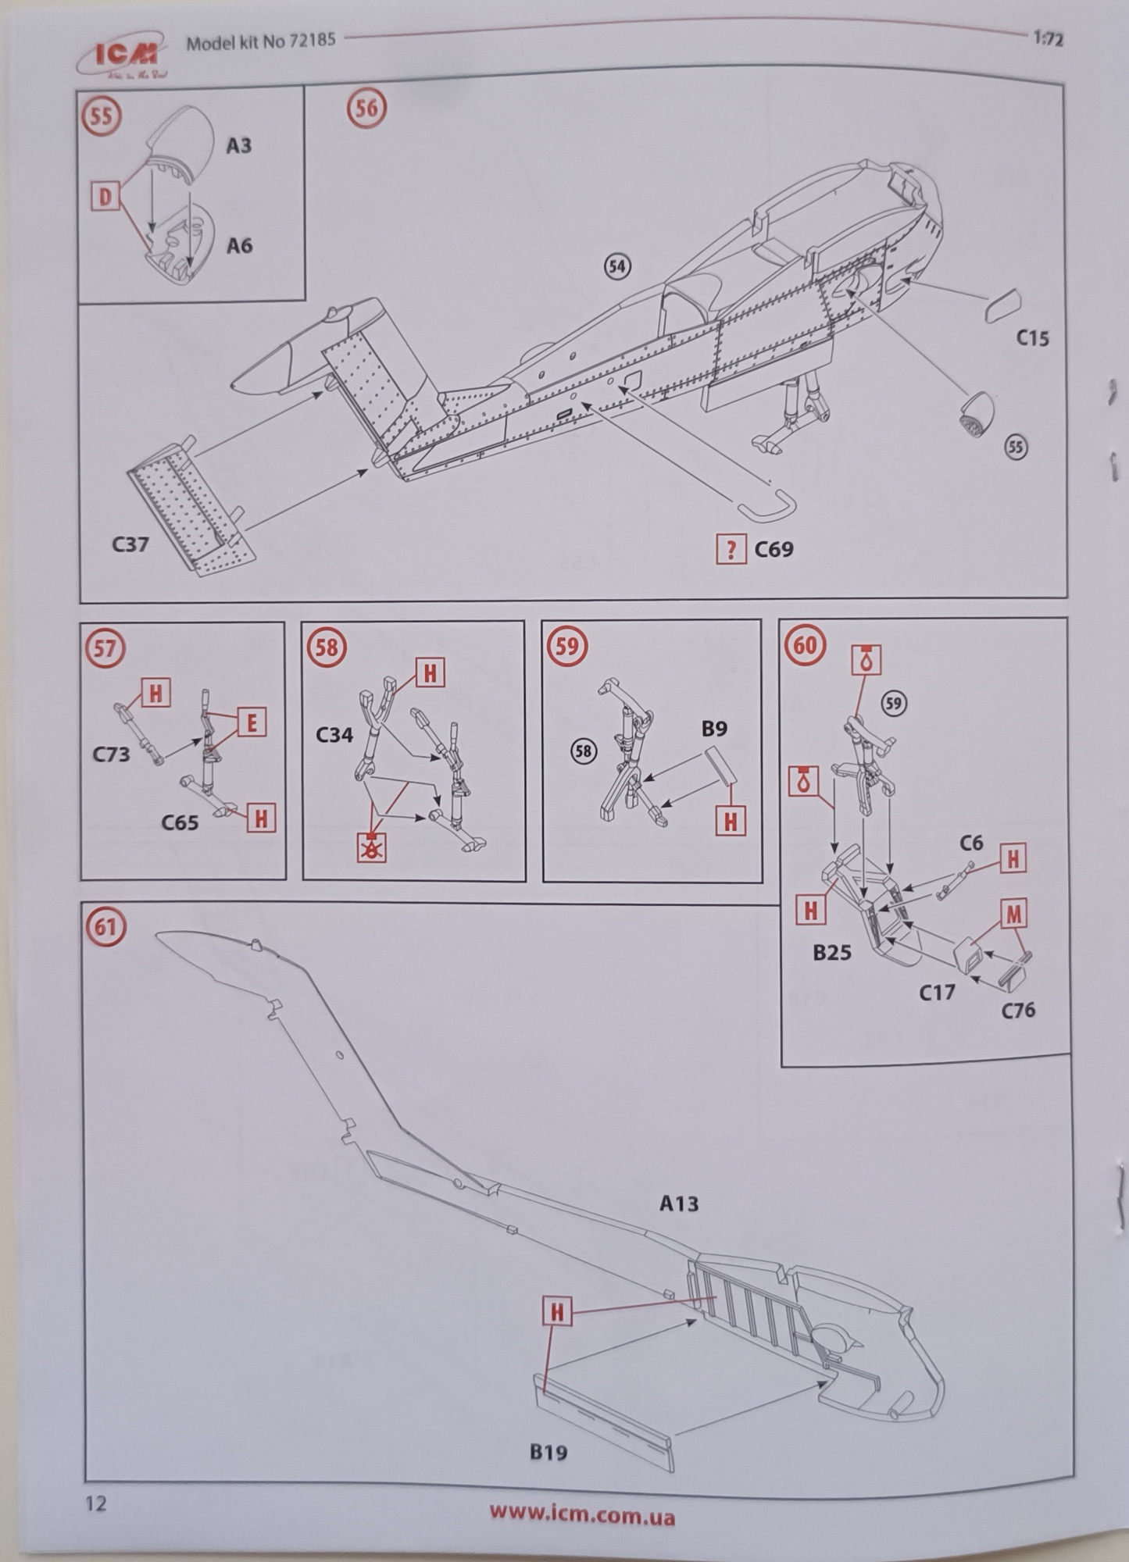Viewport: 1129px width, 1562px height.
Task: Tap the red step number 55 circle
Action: (x=102, y=116)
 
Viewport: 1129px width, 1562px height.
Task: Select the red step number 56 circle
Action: (x=366, y=108)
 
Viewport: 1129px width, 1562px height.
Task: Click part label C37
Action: (x=130, y=544)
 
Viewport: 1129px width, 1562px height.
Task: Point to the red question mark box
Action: (x=731, y=550)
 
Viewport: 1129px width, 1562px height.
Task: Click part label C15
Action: (x=1032, y=338)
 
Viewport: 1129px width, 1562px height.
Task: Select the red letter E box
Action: (x=252, y=723)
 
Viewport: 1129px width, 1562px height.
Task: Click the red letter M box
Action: (x=1013, y=913)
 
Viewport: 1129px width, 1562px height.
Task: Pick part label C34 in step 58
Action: (x=334, y=735)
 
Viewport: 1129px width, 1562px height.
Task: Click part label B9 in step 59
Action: (x=714, y=729)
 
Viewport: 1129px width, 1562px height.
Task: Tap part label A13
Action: (x=678, y=1204)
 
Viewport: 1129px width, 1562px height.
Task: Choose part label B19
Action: (x=548, y=1453)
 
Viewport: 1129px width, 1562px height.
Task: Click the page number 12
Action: (x=95, y=1503)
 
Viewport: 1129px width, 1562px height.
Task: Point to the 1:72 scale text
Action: (x=1048, y=39)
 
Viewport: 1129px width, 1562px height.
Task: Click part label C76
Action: (x=1018, y=1011)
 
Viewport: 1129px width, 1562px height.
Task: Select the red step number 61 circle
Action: (x=105, y=927)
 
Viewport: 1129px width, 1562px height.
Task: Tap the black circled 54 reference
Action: (x=617, y=266)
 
